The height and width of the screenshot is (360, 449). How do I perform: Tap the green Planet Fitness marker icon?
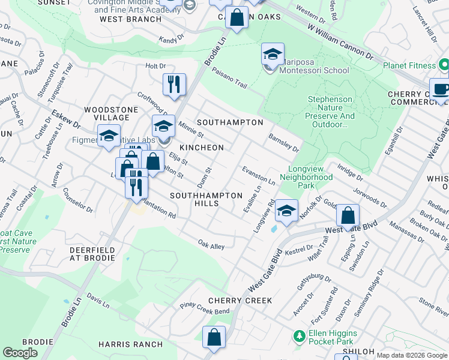point(444,64)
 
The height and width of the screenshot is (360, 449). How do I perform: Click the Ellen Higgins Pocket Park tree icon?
point(299,337)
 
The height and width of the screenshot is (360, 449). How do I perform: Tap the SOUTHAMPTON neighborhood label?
point(230,122)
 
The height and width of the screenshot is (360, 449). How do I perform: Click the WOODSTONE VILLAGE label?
point(107,113)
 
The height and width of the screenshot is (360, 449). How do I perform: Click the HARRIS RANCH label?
point(131,344)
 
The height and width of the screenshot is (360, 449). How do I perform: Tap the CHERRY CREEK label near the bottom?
point(240,300)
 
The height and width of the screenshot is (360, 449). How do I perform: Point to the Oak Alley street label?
point(211,245)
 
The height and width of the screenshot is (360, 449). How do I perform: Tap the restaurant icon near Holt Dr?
point(174,85)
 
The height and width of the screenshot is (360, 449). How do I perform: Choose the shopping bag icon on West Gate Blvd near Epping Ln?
point(348,216)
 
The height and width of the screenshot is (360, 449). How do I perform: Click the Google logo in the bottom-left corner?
point(20,353)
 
